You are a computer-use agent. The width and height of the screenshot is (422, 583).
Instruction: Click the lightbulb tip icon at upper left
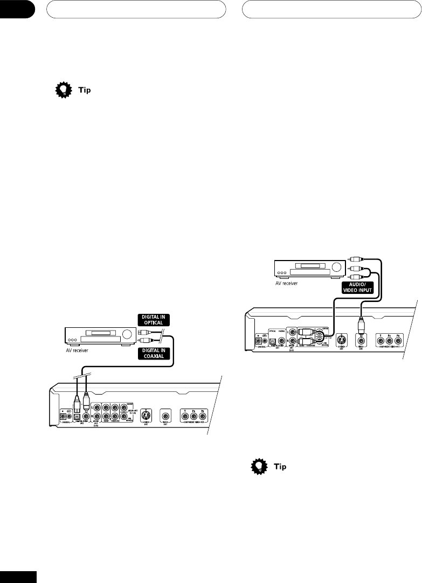click(64, 90)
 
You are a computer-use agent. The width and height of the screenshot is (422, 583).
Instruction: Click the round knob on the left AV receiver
click(127, 334)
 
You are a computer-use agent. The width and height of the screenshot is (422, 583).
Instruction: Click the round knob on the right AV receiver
click(337, 266)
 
